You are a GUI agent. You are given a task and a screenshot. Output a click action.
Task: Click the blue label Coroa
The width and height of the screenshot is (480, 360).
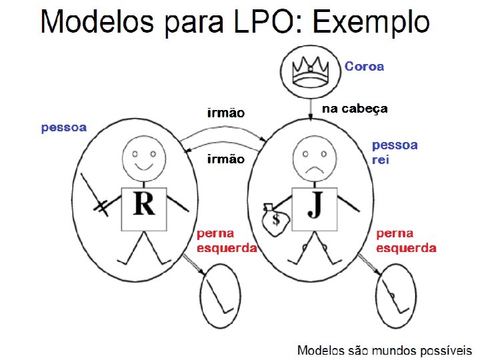pos(364,66)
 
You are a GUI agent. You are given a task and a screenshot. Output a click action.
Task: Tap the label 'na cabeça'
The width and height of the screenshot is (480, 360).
pos(355,109)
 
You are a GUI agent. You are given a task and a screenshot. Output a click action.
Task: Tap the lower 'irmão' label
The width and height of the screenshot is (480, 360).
pos(226,159)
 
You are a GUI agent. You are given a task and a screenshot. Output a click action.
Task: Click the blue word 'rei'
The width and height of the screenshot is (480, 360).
pos(380,160)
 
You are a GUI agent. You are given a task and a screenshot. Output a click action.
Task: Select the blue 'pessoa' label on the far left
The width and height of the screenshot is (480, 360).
pos(64,127)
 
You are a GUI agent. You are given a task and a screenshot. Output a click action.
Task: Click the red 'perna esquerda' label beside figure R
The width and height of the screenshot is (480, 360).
pos(227,241)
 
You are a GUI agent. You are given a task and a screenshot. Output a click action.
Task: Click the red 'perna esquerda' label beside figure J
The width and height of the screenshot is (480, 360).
pos(407,241)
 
